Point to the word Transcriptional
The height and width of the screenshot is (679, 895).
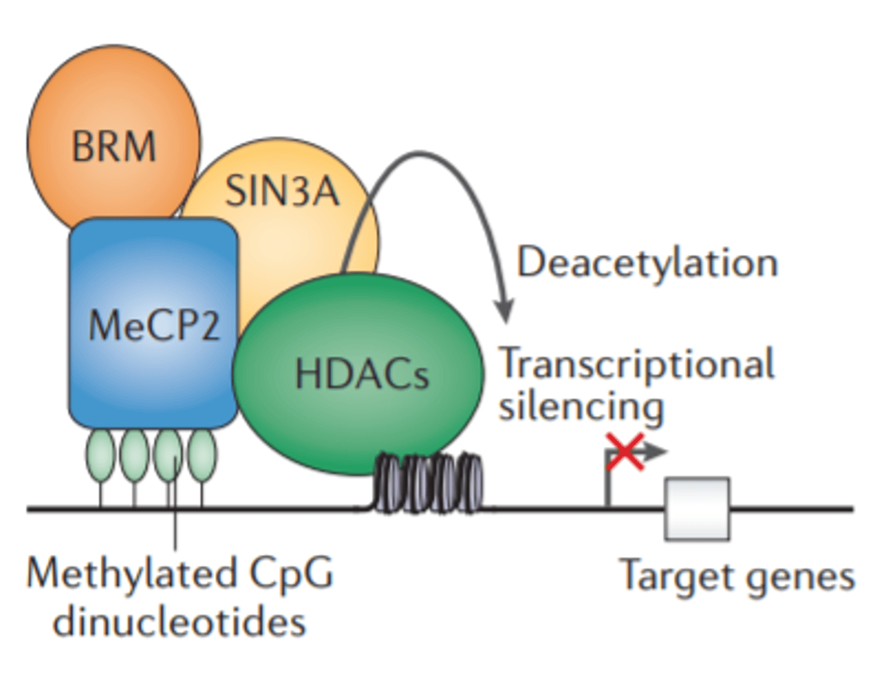pos(637,364)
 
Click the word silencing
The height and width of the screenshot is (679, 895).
pos(582,407)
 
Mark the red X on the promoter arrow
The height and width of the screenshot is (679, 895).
pos(624,452)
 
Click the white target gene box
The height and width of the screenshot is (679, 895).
pos(697,509)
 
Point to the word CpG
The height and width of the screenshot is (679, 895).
pos(292,573)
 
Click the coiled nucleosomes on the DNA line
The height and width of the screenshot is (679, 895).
pos(428,483)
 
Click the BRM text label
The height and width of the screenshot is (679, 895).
pos(114,147)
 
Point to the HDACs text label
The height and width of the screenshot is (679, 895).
pos(362,375)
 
